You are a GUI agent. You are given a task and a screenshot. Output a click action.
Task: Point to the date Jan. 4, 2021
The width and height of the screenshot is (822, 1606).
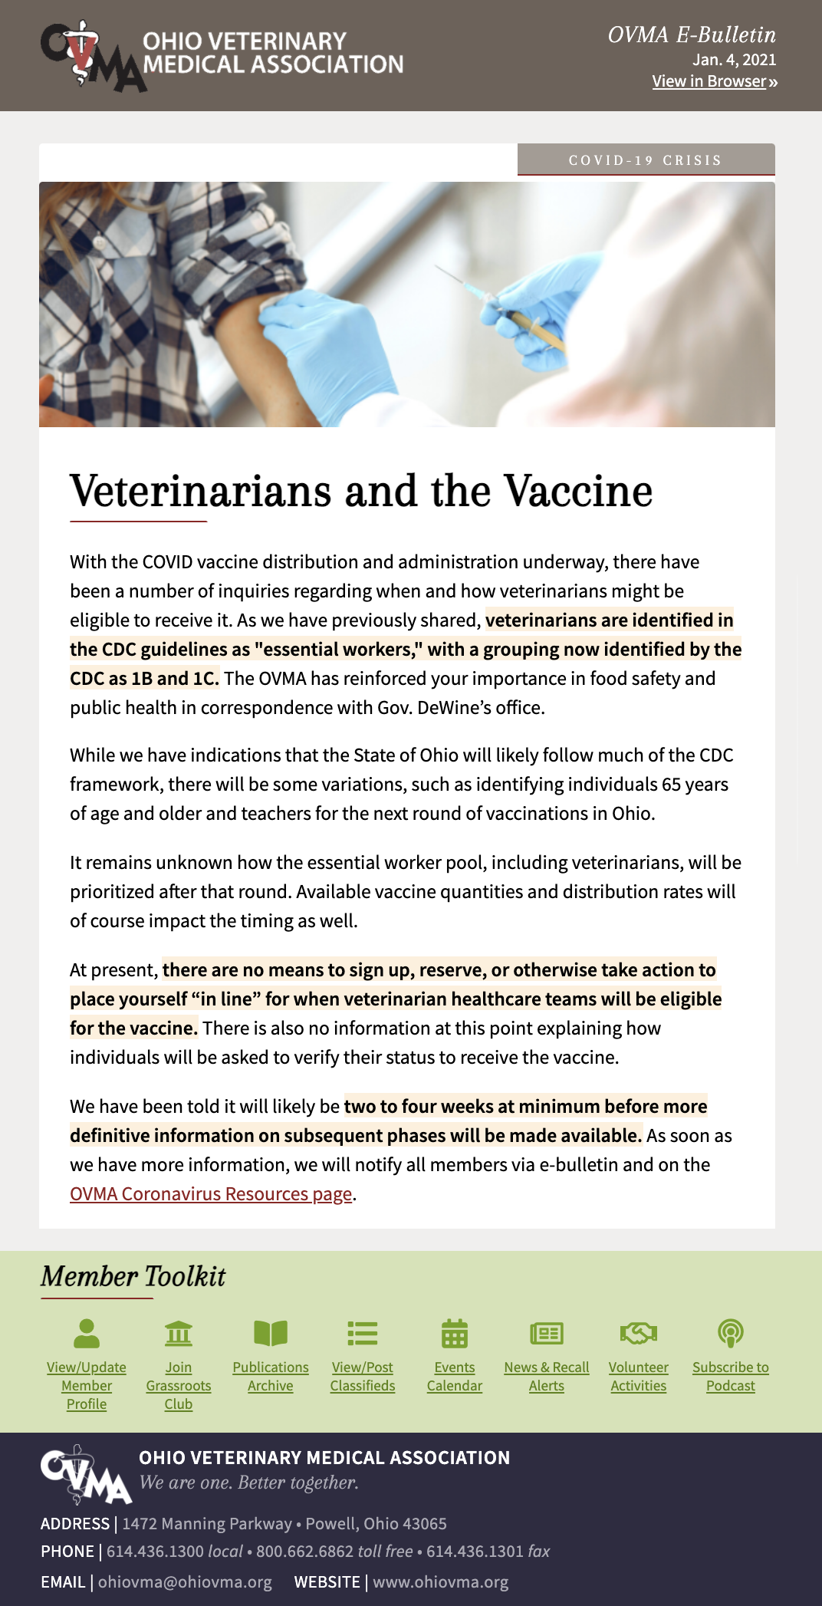tap(734, 60)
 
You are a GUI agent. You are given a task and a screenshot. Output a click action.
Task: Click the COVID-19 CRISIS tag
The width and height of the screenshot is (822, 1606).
tap(646, 160)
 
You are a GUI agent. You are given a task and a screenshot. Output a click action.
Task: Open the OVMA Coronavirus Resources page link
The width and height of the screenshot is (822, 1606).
tap(211, 1194)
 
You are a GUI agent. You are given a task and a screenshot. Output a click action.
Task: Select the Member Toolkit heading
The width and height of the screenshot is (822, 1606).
tap(133, 1276)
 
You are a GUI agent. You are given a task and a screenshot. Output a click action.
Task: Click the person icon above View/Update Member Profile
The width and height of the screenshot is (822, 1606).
tap(87, 1334)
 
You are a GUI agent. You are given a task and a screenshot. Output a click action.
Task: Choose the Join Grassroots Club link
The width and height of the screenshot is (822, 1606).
tap(179, 1386)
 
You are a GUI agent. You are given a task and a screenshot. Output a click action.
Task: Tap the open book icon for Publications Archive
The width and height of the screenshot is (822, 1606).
tap(271, 1334)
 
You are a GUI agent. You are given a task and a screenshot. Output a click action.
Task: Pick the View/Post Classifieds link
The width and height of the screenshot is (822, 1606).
tap(363, 1377)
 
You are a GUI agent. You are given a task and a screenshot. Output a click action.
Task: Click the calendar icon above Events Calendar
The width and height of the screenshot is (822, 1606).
tap(455, 1334)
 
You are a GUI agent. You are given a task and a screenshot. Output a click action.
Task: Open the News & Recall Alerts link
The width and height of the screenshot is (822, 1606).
tap(547, 1377)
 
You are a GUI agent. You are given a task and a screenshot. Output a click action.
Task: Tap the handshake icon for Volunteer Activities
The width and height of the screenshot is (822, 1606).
tap(639, 1334)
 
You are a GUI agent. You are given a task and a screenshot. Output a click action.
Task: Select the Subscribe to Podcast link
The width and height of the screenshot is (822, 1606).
tap(731, 1377)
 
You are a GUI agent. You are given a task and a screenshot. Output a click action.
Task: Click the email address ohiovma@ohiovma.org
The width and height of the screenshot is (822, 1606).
tap(185, 1582)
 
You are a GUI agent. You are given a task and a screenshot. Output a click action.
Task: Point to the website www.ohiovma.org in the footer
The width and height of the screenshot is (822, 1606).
tap(441, 1582)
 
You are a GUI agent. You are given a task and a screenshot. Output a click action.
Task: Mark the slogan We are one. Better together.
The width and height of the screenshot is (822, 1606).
tap(249, 1483)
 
